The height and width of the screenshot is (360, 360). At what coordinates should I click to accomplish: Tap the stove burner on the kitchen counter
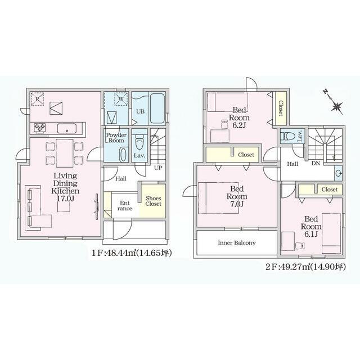[x=39, y=128]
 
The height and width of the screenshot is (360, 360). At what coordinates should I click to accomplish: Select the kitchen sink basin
[x=67, y=128]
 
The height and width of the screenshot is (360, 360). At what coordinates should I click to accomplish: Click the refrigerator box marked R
[x=37, y=99]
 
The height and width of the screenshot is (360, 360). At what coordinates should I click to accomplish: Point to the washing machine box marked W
[x=121, y=99]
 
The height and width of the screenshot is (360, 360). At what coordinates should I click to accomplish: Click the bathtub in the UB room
[x=157, y=109]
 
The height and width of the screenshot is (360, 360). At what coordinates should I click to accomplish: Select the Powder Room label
[x=116, y=137]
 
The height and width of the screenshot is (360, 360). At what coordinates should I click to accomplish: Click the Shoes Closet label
[x=153, y=201]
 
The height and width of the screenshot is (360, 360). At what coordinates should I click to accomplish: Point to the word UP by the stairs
[x=158, y=168]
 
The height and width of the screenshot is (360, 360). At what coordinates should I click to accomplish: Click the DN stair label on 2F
[x=316, y=164]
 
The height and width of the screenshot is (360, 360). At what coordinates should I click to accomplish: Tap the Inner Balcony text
[x=237, y=242]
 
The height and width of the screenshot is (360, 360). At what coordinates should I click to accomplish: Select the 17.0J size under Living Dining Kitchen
[x=65, y=199]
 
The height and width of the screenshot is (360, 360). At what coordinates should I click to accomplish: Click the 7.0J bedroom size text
[x=237, y=204]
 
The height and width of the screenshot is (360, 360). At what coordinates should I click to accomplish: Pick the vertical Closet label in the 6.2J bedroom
[x=281, y=108]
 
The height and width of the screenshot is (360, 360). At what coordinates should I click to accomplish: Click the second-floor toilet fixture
[x=288, y=136]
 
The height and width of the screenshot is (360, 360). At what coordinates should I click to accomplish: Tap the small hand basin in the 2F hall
[x=339, y=173]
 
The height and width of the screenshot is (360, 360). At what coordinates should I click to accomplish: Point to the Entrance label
[x=125, y=206]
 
